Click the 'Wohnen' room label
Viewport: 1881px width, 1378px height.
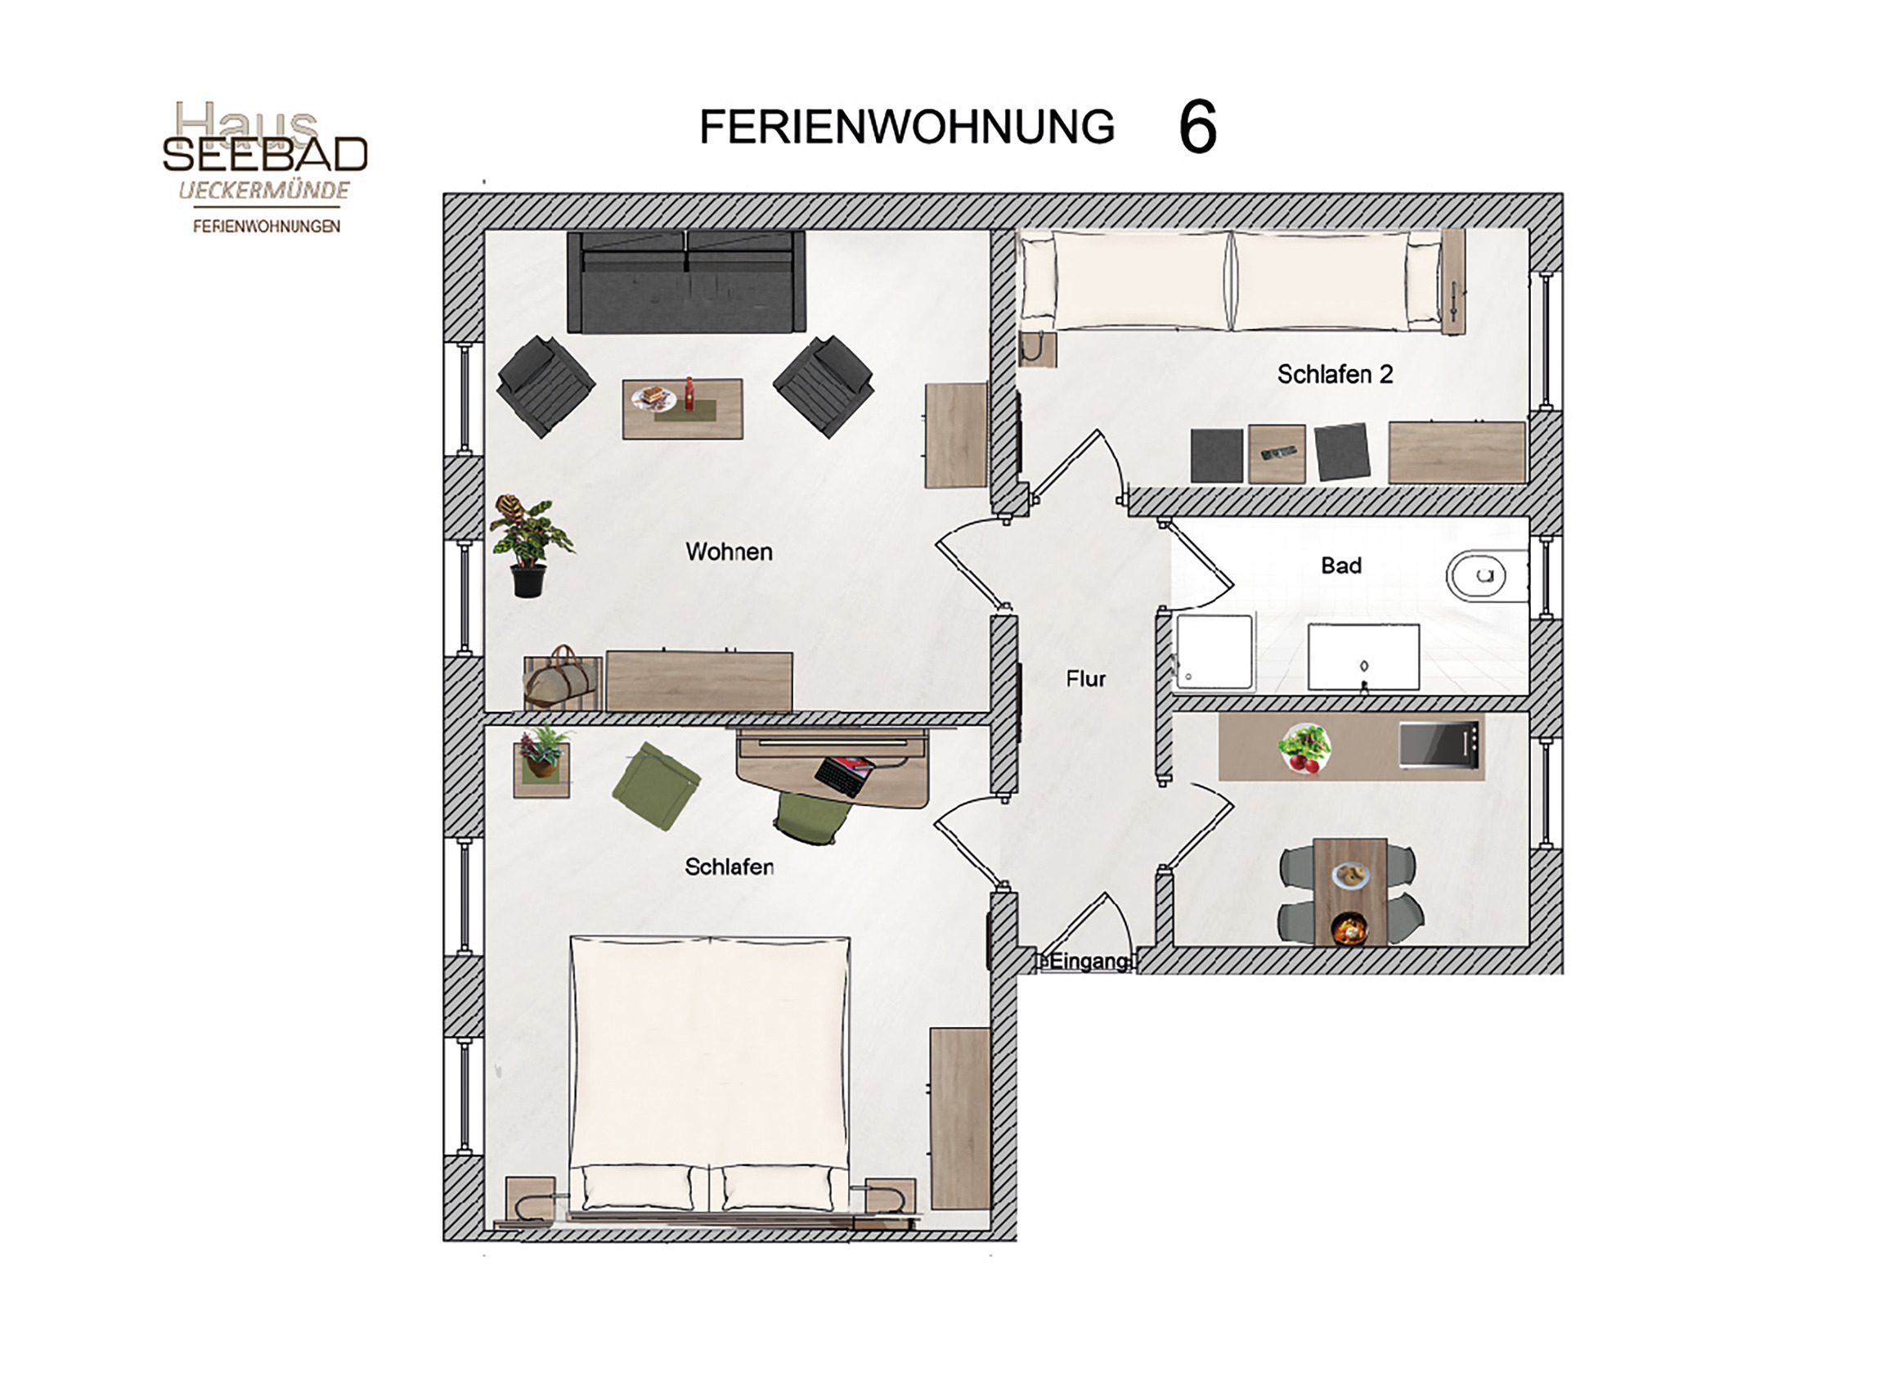pos(729,552)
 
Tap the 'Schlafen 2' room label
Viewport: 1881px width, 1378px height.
pos(1335,375)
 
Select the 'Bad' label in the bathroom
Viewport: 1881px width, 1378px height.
pos(1340,565)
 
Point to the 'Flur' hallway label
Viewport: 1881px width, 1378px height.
pos(1085,679)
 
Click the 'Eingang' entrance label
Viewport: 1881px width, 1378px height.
pos(1089,961)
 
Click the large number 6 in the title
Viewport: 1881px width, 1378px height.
pos(1197,127)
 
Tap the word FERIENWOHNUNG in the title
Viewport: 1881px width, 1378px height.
pos(906,127)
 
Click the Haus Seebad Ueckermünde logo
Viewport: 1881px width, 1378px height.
pos(265,167)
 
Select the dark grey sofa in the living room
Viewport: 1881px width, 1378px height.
pos(686,282)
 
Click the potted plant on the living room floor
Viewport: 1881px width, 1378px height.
pos(529,546)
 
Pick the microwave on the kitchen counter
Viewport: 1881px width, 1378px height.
pos(1440,745)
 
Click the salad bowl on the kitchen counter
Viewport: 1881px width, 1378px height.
pos(1304,747)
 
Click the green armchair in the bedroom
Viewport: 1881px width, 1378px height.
pos(656,786)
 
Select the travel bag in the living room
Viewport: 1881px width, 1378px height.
pos(561,678)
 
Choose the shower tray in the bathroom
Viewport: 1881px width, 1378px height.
pos(1214,652)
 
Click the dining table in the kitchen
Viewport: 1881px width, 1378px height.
pos(1350,892)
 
